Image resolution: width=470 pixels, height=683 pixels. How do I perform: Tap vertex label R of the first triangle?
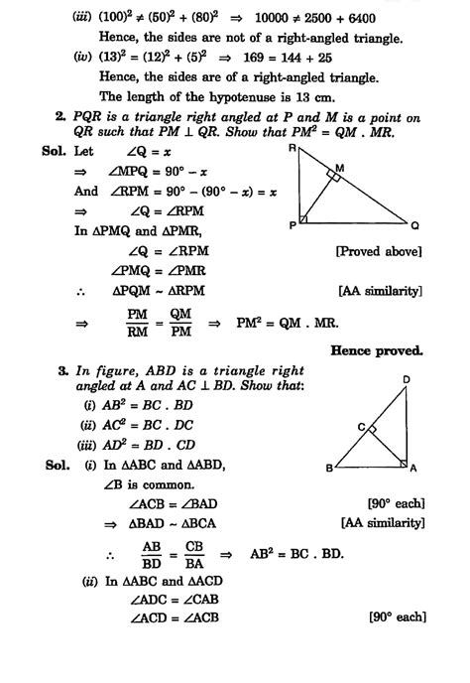(x=294, y=148)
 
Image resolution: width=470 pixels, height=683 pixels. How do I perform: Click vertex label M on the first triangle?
(x=338, y=169)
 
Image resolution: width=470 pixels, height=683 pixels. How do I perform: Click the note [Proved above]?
(x=381, y=252)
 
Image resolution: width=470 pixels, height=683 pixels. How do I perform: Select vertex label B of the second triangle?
(x=329, y=468)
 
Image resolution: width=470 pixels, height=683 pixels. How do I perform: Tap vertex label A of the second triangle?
(x=414, y=468)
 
